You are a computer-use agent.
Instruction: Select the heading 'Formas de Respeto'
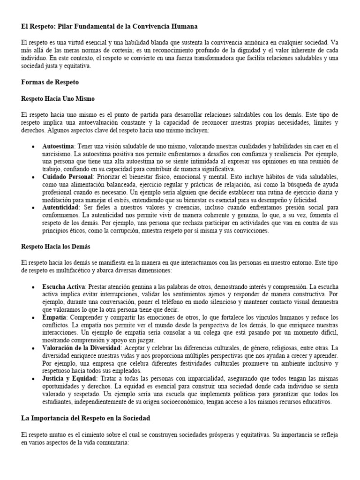50,82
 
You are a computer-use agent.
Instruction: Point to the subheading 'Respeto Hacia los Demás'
56,246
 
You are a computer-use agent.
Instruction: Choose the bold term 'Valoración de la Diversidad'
82,347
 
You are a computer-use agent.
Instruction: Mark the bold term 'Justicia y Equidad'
69,377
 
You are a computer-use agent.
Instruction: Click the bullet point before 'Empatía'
32,317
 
